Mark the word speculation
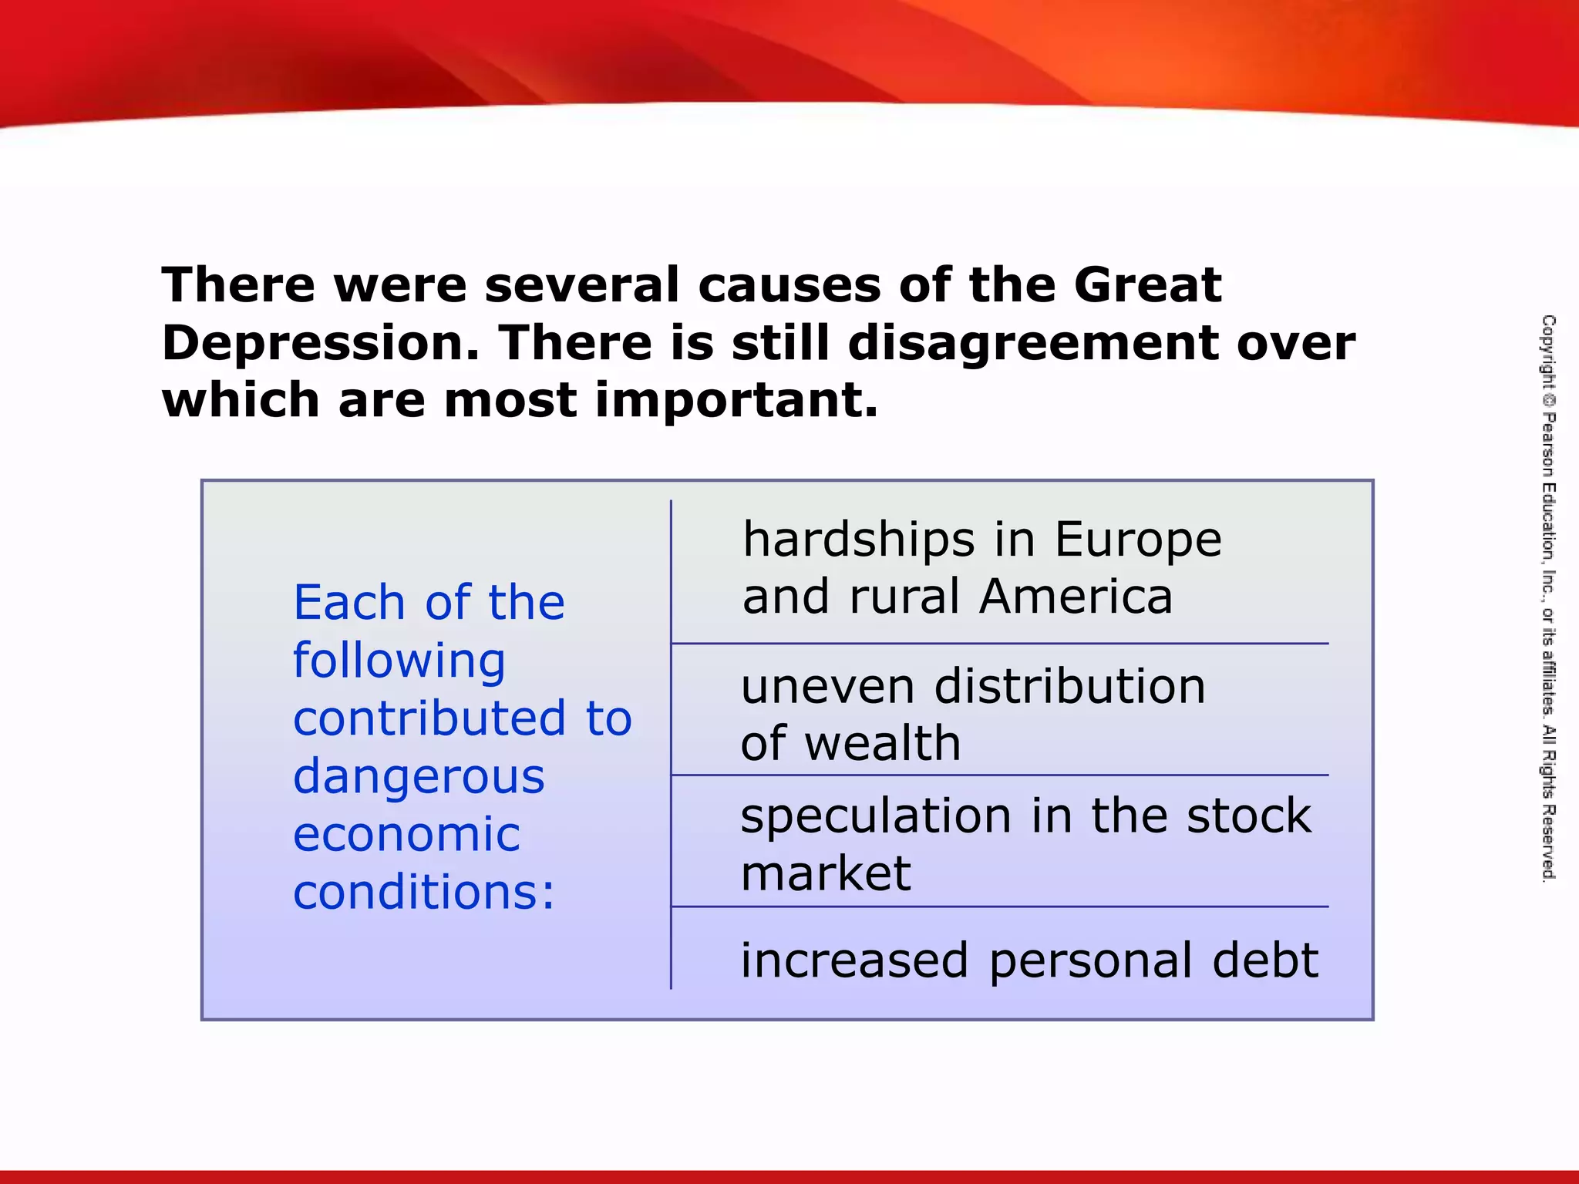click(876, 816)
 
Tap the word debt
click(1264, 960)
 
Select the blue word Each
click(349, 602)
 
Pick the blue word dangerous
click(419, 776)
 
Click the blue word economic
click(406, 834)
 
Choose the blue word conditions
click(423, 892)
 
